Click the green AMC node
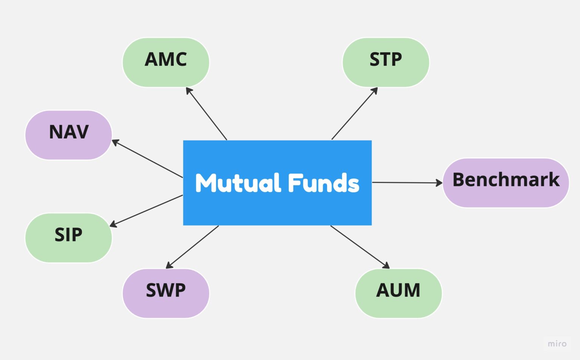[166, 62]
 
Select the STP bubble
[386, 62]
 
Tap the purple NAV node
[69, 135]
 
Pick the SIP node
[68, 238]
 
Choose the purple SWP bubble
[166, 293]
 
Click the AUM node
[398, 293]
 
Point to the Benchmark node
[506, 183]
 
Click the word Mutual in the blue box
[238, 183]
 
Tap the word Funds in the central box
[324, 183]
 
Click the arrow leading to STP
[354, 114]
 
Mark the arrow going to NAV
[147, 158]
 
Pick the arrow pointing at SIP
[147, 211]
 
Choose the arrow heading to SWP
[193, 247]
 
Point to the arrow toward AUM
[359, 247]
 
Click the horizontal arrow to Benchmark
[407, 183]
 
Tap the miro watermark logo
[557, 344]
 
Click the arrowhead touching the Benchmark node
[439, 183]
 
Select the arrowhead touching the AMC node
[188, 90]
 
